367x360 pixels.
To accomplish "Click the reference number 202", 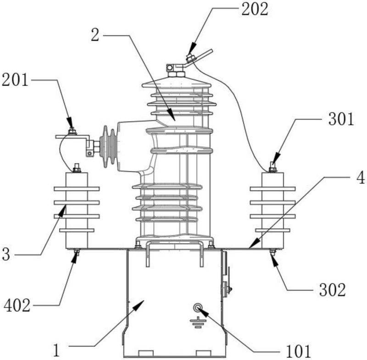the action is (255, 10).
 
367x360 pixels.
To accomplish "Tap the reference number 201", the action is (15, 80).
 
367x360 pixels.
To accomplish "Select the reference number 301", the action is (341, 119).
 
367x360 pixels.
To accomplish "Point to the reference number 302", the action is (332, 290).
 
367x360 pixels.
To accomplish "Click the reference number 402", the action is (17, 305).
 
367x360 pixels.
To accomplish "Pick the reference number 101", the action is (298, 351).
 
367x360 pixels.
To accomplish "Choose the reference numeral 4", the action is (361, 178).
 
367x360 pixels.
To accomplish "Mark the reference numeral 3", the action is (6, 254).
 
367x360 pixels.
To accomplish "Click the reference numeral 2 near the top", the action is (95, 35).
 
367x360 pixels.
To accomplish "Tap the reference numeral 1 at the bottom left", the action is (56, 350).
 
